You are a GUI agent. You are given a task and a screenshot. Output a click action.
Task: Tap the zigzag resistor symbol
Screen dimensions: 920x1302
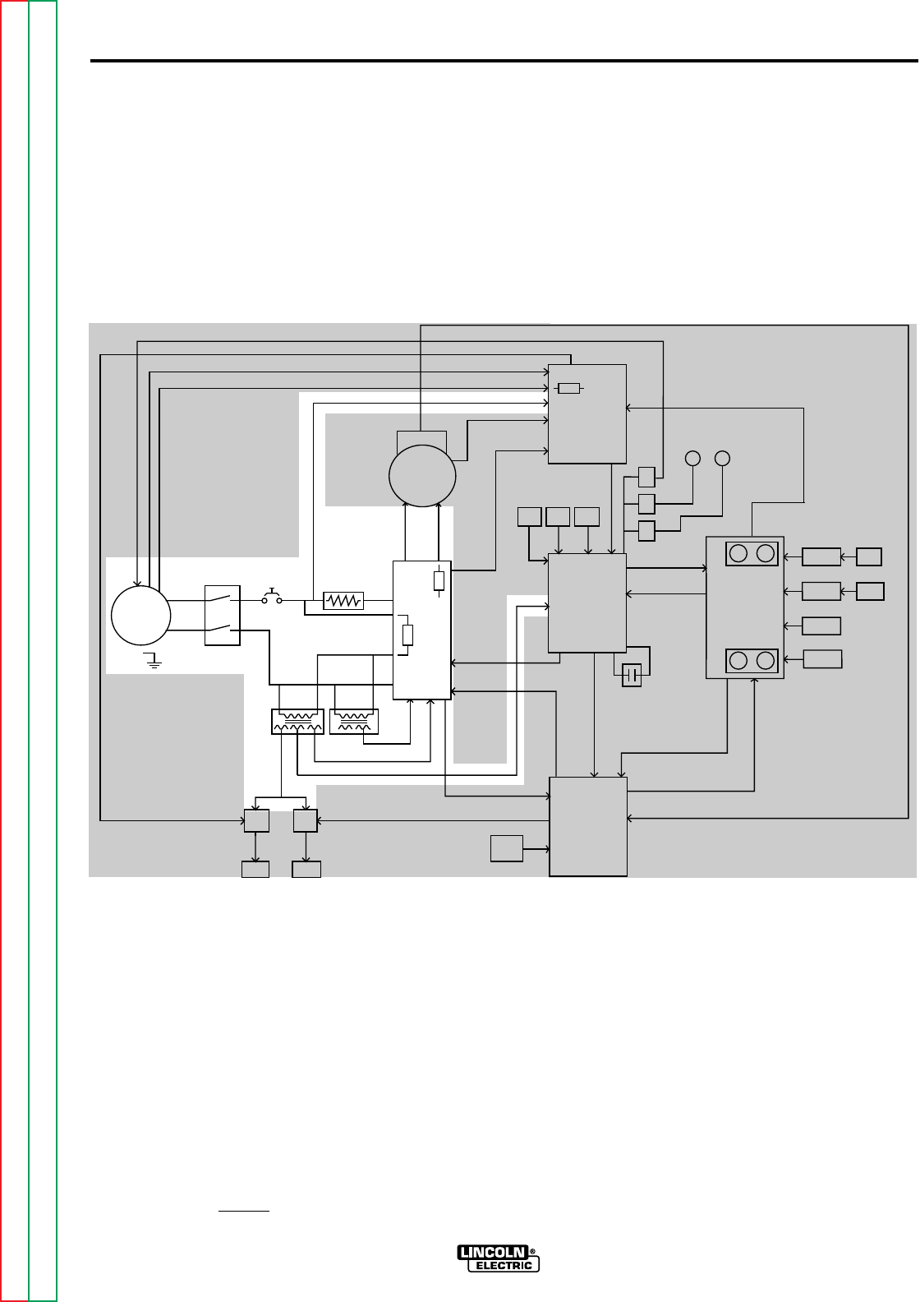343,601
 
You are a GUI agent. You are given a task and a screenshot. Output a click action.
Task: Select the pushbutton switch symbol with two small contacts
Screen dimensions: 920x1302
271,598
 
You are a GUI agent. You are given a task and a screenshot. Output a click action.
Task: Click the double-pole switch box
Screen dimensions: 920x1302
223,615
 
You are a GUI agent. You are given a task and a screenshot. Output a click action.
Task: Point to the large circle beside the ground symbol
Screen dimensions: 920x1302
140,615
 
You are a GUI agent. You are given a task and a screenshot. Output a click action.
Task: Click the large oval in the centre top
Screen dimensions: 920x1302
421,476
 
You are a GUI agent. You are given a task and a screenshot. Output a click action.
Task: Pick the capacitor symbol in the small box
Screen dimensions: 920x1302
631,675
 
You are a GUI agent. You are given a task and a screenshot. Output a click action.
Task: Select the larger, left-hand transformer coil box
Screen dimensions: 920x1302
297,722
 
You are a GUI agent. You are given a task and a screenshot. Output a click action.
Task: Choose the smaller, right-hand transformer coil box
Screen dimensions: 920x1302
353,722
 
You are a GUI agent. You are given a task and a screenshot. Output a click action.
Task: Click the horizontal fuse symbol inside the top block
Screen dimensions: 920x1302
569,389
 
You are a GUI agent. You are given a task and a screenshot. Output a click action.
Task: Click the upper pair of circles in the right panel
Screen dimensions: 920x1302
752,554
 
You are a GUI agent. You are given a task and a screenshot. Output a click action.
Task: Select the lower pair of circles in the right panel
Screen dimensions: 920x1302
752,660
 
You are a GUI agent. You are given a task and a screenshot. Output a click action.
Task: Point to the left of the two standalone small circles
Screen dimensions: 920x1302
693,458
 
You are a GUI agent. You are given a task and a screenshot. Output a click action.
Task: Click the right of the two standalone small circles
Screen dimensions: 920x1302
722,458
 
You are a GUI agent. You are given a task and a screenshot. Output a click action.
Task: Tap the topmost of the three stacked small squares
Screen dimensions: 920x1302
646,477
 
